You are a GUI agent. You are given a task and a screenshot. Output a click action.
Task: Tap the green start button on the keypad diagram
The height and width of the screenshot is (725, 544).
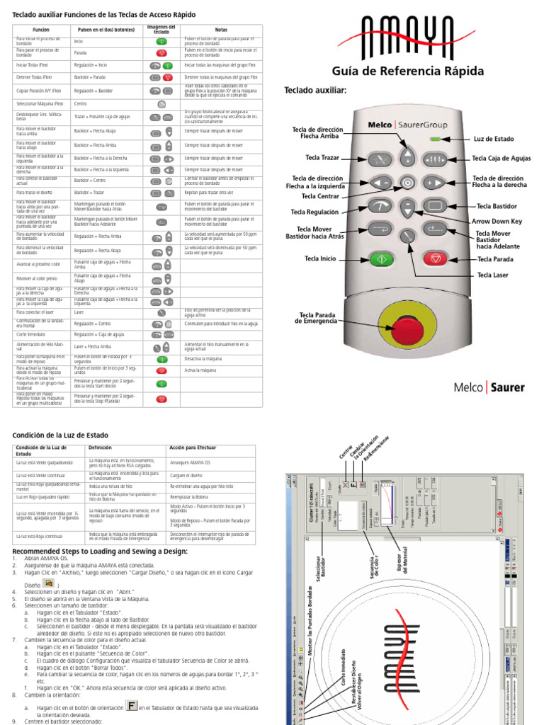pos(380,258)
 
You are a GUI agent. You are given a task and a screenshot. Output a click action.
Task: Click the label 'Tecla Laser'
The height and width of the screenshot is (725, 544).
pos(493,275)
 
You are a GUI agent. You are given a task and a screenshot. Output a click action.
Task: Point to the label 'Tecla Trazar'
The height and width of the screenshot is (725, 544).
pos(322,157)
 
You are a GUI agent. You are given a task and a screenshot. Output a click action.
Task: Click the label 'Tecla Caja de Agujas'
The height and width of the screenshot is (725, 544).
pos(501,159)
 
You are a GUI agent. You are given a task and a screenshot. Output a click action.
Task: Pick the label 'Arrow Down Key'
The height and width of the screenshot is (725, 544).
pos(497,221)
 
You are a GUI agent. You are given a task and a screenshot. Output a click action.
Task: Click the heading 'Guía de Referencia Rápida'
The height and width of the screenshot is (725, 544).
pos(408,71)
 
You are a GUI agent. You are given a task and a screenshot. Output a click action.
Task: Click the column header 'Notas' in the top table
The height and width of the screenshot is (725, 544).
pos(221,30)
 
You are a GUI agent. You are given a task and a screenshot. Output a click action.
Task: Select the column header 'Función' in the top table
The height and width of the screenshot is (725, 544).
pos(41,30)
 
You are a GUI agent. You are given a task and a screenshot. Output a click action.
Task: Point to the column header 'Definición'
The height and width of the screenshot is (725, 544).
pos(100,447)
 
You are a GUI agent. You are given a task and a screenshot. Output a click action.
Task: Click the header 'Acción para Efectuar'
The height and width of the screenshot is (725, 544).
pos(192,447)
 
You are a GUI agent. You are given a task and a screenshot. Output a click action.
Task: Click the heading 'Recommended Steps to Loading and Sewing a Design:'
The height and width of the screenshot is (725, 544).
pos(100,550)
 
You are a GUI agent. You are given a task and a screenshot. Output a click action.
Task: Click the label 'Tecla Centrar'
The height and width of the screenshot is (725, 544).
pos(320,196)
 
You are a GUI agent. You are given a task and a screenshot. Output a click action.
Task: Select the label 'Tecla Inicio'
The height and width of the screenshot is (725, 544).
pos(320,259)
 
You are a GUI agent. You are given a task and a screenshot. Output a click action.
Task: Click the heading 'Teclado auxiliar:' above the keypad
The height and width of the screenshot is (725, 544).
pos(315,90)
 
